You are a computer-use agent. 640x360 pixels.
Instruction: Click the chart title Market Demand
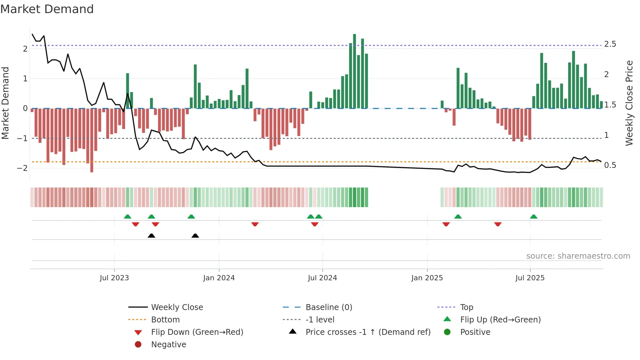[47, 9]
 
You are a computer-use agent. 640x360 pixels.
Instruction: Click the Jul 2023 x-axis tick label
[114, 278]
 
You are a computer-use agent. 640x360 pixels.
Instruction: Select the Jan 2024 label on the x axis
[219, 278]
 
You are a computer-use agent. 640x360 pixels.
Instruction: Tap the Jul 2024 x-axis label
[322, 278]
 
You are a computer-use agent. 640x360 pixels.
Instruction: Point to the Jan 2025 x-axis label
[427, 278]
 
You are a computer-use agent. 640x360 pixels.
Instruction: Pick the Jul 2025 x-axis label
[530, 278]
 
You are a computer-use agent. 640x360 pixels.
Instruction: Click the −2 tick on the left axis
[22, 168]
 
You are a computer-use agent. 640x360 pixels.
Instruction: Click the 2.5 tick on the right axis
[610, 44]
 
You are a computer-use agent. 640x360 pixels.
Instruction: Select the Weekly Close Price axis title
[629, 103]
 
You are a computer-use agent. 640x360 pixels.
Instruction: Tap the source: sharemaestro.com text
[578, 256]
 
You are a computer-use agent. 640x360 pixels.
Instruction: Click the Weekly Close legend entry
[177, 307]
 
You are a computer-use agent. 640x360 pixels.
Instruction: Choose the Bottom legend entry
[165, 320]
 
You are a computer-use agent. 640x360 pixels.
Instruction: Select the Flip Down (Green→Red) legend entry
[197, 332]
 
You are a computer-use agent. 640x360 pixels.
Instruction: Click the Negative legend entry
[168, 345]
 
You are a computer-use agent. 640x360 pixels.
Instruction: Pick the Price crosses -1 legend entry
[368, 332]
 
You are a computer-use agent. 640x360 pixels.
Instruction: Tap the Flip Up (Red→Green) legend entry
[500, 320]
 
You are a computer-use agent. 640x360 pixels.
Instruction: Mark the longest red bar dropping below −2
[92, 140]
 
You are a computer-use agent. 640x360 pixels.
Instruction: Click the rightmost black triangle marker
[195, 236]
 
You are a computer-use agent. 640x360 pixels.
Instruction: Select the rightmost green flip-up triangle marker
[534, 217]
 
